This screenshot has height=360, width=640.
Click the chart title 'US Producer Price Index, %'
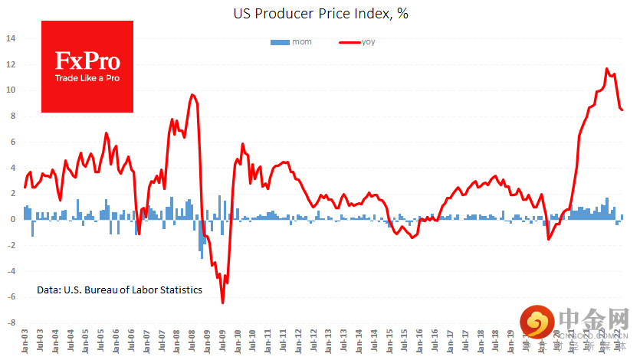click(320, 14)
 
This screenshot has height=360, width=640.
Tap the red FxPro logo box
click(87, 66)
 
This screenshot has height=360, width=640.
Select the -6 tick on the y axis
click(10, 297)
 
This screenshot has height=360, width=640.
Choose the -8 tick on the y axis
click(10, 323)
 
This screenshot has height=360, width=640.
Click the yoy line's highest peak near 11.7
click(607, 69)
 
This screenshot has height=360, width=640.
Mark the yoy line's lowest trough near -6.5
click(223, 303)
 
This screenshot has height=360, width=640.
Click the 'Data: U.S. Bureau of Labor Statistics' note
click(120, 290)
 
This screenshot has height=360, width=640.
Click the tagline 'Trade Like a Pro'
click(87, 77)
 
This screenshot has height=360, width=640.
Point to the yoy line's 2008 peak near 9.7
click(192, 94)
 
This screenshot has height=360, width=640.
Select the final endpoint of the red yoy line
click(622, 110)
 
